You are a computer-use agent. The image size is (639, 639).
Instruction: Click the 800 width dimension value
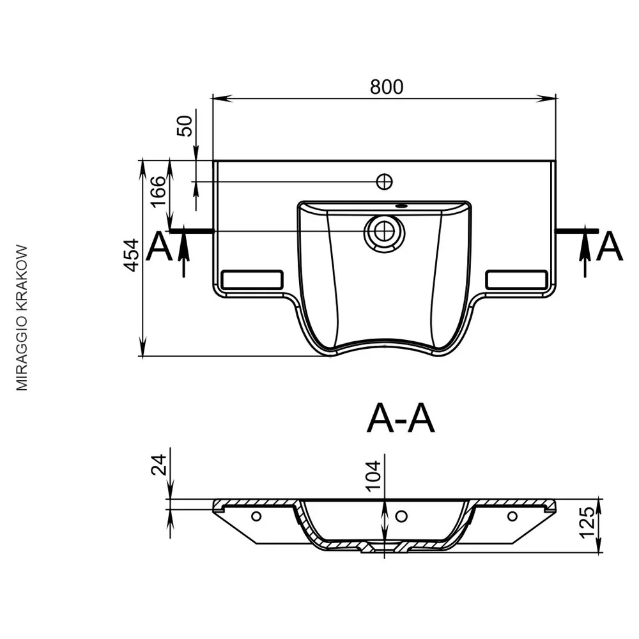387,87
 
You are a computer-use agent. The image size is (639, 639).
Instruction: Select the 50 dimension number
184,126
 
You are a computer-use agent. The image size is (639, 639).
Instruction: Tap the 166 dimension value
158,192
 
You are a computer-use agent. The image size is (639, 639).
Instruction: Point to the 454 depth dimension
131,256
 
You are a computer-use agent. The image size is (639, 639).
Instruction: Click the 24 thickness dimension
159,465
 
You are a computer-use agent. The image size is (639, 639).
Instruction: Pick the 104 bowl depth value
373,475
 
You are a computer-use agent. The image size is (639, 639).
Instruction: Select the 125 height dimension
587,523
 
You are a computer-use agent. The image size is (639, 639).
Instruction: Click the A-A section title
401,419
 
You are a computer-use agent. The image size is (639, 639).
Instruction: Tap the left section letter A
159,246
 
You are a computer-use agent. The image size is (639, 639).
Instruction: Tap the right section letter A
610,246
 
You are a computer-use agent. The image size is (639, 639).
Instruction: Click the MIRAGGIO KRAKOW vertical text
22,318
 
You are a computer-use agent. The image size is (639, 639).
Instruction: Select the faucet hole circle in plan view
384,181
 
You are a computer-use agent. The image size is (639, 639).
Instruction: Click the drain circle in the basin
384,232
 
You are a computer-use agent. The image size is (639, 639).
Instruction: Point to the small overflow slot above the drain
401,206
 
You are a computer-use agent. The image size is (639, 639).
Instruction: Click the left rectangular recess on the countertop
252,280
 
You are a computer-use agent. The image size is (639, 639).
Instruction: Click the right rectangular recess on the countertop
517,280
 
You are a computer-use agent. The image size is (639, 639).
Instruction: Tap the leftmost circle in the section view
256,516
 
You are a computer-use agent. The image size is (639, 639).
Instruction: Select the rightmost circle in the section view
512,516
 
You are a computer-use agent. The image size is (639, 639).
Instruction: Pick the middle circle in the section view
402,516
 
